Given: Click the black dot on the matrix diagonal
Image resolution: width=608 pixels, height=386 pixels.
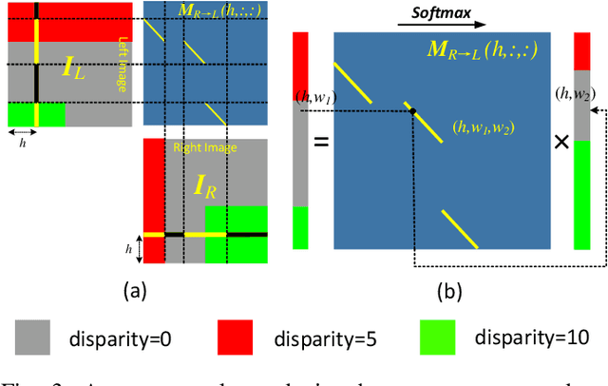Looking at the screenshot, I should [x=412, y=111].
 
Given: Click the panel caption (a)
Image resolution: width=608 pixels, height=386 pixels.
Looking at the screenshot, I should [x=135, y=289].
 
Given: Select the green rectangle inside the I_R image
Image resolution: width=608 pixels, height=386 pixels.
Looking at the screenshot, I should [x=236, y=233].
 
